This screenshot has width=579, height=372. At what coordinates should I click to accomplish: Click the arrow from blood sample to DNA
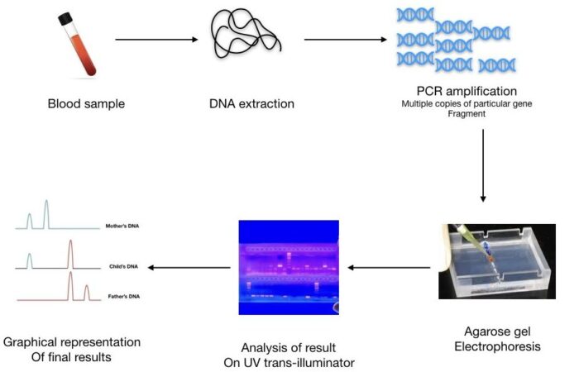pos(156,39)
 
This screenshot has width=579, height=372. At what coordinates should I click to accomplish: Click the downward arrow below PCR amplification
pos(482,165)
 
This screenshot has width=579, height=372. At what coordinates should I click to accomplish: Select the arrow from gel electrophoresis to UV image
pos(389,267)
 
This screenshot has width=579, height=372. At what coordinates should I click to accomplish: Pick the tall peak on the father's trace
pos(71,285)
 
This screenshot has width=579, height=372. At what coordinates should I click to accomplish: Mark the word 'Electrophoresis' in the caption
pos(497,347)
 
